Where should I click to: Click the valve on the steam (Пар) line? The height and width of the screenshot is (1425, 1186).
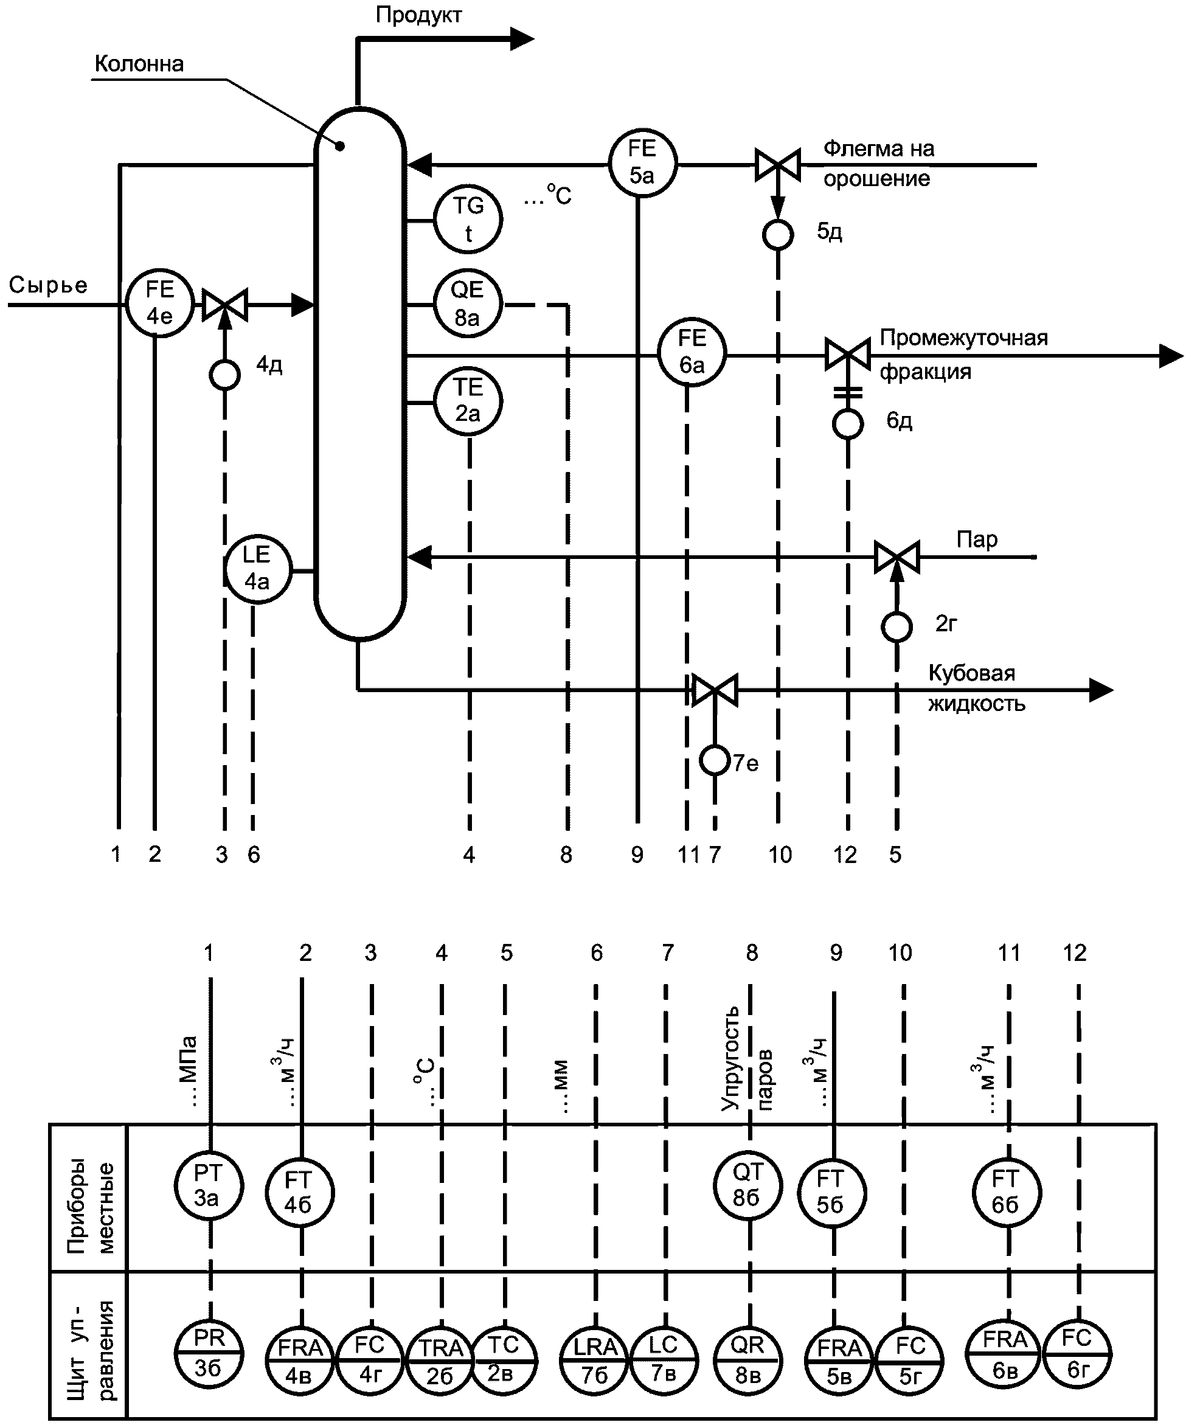pos(896,557)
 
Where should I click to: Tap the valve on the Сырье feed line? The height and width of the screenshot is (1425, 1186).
pos(225,305)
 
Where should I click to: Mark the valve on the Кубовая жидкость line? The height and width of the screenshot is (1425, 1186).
pos(715,690)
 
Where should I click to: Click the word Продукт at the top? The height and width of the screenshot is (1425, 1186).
pos(418,15)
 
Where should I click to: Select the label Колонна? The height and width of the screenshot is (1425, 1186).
pos(139,63)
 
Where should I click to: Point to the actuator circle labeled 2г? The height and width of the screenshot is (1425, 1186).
pos(897,627)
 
